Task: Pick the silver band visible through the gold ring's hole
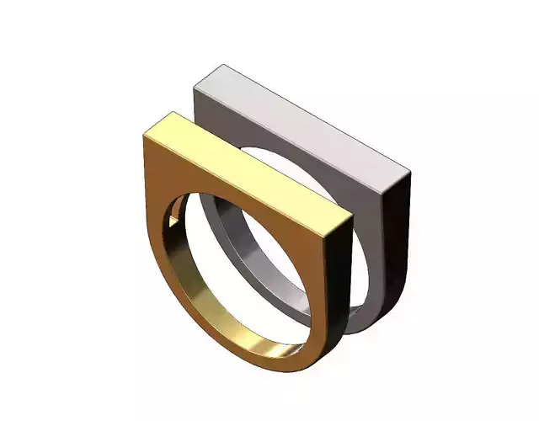pos(244,253)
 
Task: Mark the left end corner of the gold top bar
pos(145,132)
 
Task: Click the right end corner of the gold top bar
pos(350,221)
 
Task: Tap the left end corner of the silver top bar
pos(195,84)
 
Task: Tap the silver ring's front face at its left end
pos(206,109)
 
